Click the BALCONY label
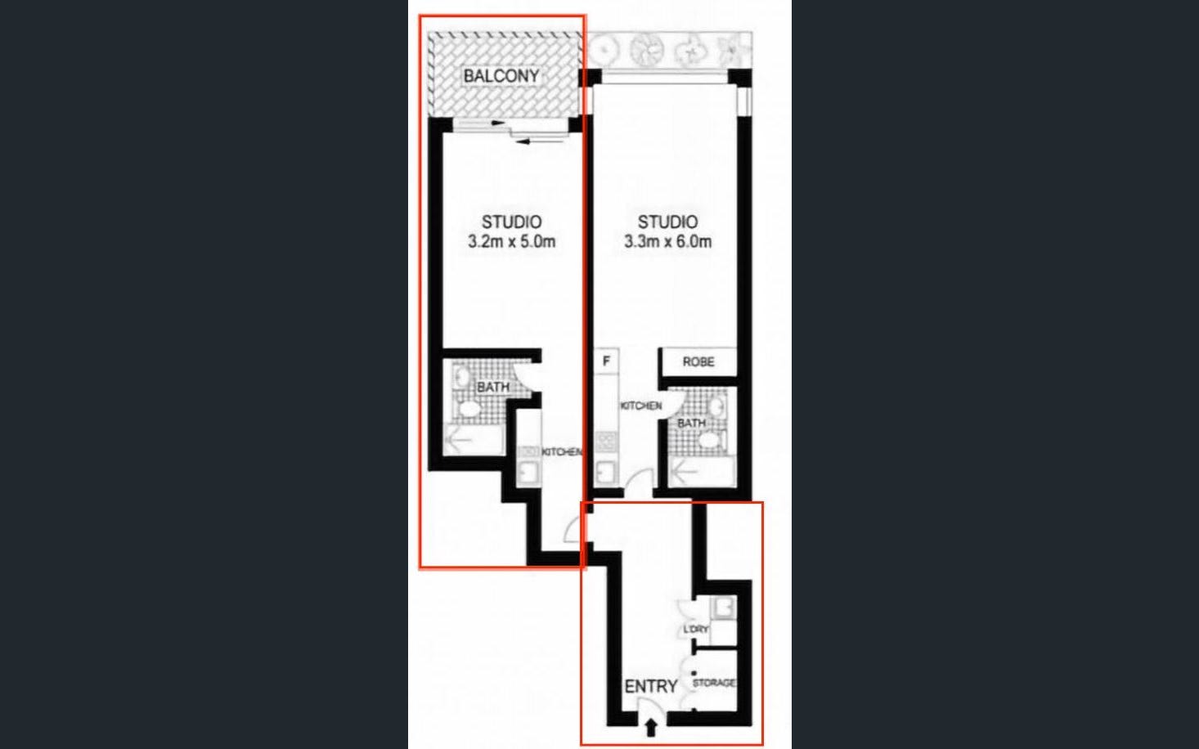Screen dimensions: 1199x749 (501, 76)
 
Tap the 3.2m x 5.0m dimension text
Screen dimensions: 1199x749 (512, 242)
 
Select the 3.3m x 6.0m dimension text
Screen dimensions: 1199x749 (668, 242)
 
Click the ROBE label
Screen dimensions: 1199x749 (698, 361)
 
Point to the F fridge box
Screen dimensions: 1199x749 (607, 361)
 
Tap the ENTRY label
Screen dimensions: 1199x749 (651, 686)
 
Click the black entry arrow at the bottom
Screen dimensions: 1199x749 (651, 728)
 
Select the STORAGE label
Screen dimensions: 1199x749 (714, 683)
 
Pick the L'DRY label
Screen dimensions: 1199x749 (696, 629)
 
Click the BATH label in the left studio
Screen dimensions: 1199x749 (493, 387)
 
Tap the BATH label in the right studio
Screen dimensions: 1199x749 (692, 424)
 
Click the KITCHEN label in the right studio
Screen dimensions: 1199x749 (641, 406)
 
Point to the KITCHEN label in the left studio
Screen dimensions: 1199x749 (562, 452)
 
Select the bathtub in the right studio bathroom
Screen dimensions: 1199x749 (702, 471)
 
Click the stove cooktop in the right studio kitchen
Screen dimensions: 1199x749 (607, 442)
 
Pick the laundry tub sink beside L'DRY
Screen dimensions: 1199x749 (724, 608)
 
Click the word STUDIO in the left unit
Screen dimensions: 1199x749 (512, 222)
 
